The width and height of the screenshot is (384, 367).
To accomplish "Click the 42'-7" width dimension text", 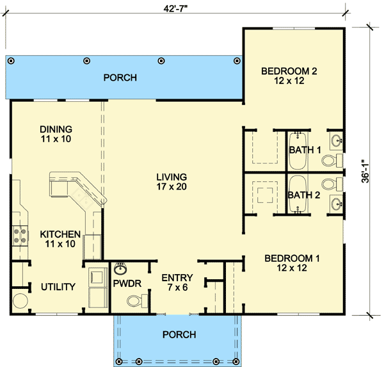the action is (x=175, y=9).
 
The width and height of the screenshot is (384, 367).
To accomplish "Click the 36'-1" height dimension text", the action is (x=365, y=172).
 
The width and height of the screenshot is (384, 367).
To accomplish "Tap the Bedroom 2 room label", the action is (x=289, y=76).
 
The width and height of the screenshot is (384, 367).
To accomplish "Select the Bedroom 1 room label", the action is (x=292, y=263).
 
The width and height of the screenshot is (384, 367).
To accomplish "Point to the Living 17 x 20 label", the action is (x=172, y=182).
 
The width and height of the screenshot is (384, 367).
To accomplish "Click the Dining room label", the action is (x=56, y=134).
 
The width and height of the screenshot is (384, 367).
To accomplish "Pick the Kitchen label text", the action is (x=60, y=234).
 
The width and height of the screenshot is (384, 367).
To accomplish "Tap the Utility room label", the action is (x=58, y=287).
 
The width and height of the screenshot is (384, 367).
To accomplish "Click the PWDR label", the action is (x=127, y=284).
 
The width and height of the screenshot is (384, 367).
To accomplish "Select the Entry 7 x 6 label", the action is (x=177, y=282).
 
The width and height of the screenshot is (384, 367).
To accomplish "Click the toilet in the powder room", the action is (x=137, y=300).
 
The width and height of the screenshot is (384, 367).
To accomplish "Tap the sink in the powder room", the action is (x=120, y=270).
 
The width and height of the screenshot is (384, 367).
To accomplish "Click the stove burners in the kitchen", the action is (x=20, y=236).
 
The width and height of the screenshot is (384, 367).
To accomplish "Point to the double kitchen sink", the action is (x=82, y=198).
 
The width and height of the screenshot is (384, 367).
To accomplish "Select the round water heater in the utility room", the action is (x=20, y=301).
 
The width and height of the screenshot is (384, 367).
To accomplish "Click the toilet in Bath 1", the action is (x=332, y=161).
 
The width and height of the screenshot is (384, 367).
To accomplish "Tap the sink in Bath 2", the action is (x=337, y=204).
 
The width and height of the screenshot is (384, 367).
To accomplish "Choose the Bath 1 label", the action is (x=305, y=150).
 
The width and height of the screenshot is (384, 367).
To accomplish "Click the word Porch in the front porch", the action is (x=179, y=334).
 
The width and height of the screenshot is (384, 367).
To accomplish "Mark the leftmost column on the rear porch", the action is (x=11, y=61).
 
